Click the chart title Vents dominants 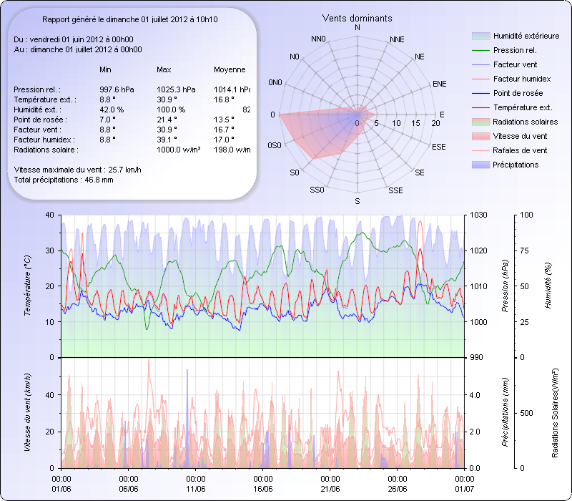point(357,18)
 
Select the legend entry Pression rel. point(515,50)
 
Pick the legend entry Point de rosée point(518,93)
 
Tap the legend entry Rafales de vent point(520,150)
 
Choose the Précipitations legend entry point(516,165)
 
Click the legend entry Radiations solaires point(526,122)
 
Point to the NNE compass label point(398,39)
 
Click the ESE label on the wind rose point(440,146)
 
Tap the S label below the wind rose point(357,201)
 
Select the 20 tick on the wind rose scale point(435,124)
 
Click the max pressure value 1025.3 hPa point(175,89)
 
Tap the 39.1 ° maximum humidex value point(167,140)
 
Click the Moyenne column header point(230,69)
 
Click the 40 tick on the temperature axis point(49,215)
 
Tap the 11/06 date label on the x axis point(195,488)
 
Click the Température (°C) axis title point(26,286)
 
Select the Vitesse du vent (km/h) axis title point(26,412)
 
